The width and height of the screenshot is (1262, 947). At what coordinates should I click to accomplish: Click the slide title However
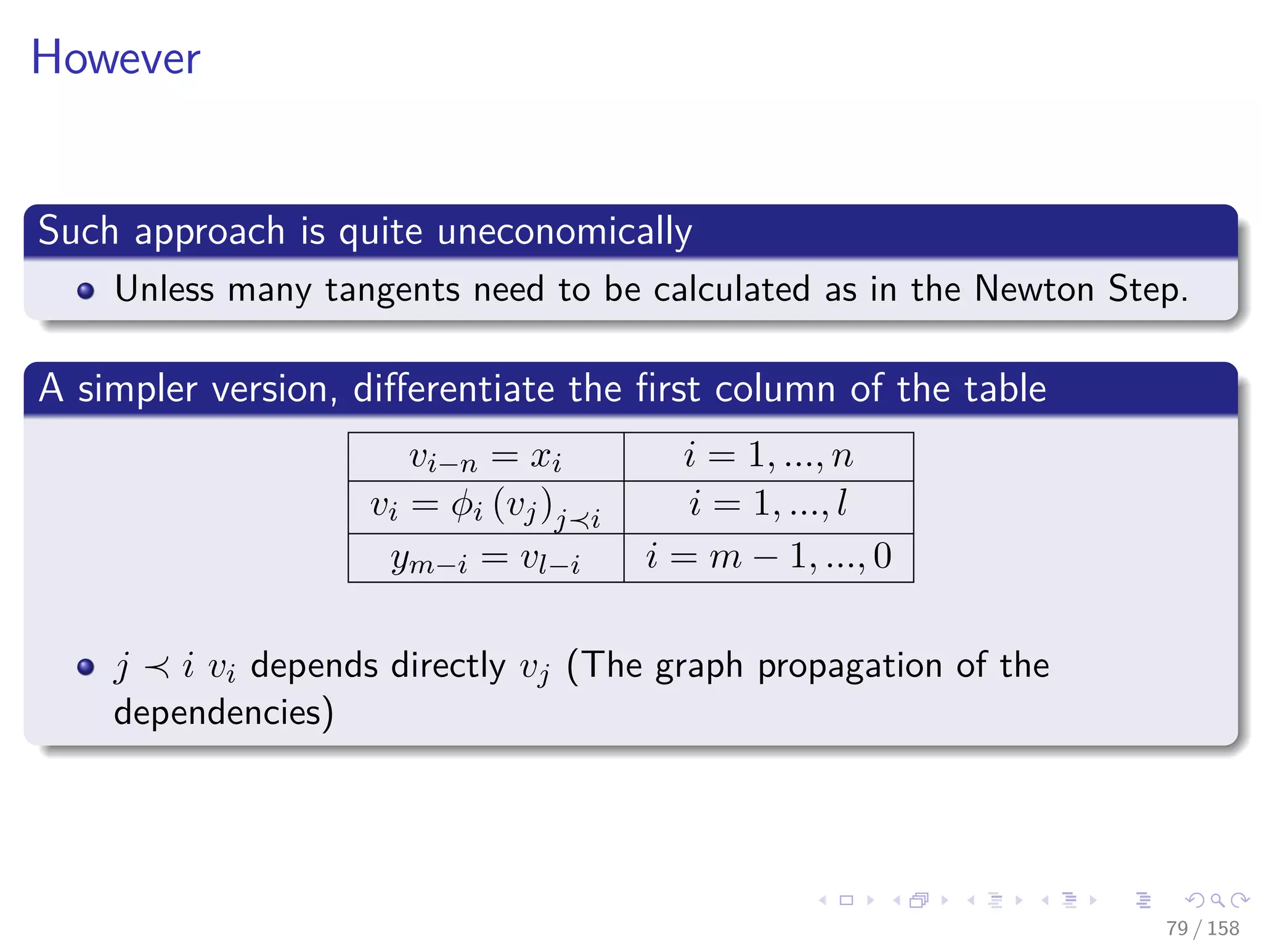(x=116, y=58)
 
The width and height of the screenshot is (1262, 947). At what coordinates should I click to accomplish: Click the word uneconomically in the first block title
(x=564, y=232)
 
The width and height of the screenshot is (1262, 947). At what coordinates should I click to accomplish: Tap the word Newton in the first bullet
(x=1034, y=289)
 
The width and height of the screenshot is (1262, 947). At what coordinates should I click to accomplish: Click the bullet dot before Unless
(x=86, y=291)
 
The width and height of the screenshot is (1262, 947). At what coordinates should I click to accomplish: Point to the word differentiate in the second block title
(x=454, y=388)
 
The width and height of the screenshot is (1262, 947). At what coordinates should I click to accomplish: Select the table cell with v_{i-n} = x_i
(x=486, y=457)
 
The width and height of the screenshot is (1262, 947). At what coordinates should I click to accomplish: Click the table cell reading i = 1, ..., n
(x=768, y=457)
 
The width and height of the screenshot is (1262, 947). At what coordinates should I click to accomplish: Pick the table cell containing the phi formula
(x=486, y=507)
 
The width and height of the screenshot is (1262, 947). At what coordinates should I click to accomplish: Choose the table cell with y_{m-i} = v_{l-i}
(x=486, y=559)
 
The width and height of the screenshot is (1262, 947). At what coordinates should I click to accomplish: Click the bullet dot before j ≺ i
(x=86, y=666)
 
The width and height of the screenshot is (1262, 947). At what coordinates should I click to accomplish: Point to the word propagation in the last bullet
(x=850, y=666)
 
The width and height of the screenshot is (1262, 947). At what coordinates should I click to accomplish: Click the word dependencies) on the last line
(x=224, y=713)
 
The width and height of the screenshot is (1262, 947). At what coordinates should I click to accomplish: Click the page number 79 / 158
(x=1202, y=928)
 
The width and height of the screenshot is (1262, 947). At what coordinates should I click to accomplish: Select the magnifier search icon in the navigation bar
(x=1217, y=900)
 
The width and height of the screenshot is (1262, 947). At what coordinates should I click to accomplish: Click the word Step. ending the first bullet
(x=1147, y=289)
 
